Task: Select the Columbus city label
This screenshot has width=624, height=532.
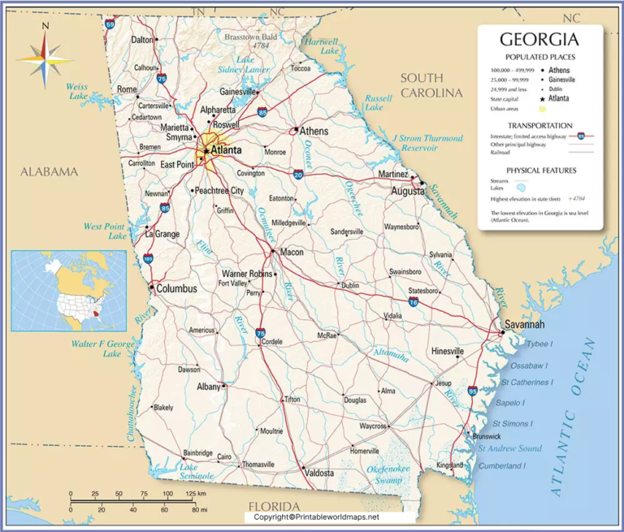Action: point(176,288)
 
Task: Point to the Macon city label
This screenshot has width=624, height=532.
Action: point(291,253)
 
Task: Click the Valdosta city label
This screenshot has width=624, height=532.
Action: point(319,472)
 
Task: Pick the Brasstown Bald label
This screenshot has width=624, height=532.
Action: point(251,37)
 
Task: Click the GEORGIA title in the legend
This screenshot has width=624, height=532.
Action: point(539,39)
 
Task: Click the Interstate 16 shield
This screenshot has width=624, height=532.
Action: point(414,302)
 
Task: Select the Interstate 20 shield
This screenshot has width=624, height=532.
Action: point(298,175)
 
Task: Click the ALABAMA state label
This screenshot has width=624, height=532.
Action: point(49,171)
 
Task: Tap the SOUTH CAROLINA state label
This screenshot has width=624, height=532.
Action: point(431,85)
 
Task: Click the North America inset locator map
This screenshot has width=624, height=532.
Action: point(68,290)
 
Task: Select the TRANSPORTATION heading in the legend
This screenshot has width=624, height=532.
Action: point(539,125)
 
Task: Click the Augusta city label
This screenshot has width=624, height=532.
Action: point(408,192)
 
